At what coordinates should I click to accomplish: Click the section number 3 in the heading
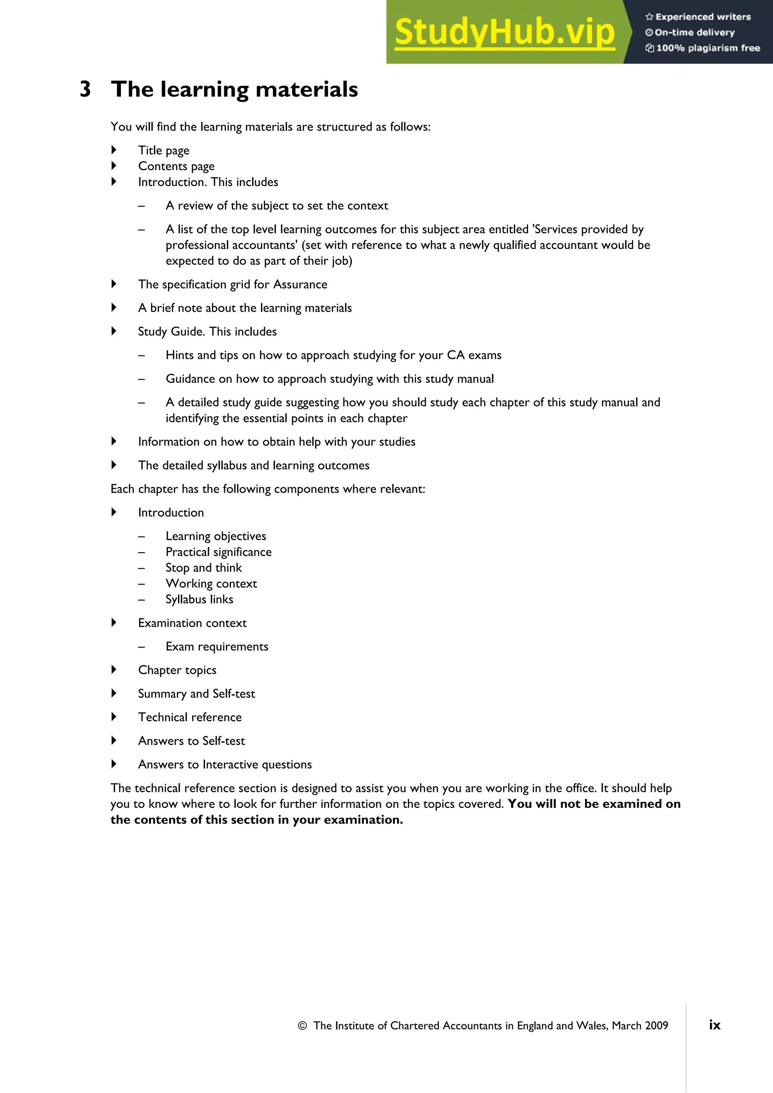coord(85,89)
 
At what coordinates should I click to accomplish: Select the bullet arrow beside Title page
coord(114,150)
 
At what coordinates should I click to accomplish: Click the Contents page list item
coord(176,166)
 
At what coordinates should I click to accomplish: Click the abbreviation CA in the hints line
coord(455,355)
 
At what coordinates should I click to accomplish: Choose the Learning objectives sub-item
coord(216,536)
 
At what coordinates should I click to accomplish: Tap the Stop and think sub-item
coord(203,568)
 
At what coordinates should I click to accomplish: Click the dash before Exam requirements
coord(142,647)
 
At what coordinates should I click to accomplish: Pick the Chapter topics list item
coord(177,670)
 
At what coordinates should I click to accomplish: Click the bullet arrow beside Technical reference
coord(114,717)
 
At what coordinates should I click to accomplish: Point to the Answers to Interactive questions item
coord(225,764)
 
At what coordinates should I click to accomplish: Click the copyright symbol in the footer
coord(302,1025)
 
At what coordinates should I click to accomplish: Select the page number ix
coord(714,1025)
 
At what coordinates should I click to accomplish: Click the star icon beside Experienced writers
coord(649,17)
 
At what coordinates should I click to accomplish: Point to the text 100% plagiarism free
coord(708,48)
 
